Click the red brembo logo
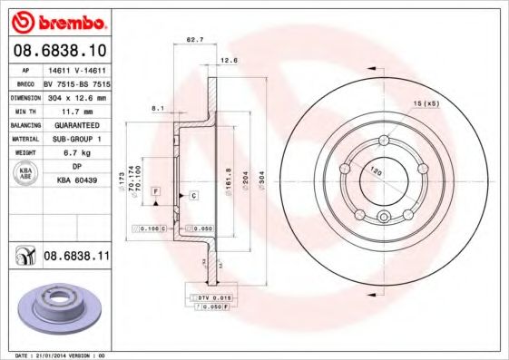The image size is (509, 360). tap(55, 20)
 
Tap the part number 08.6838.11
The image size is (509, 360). tap(77, 258)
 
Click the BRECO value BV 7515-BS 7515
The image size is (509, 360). tap(77, 82)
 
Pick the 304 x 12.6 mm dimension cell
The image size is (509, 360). tap(77, 95)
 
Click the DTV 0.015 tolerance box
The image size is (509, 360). tap(211, 297)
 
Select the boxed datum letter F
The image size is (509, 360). tap(155, 191)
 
